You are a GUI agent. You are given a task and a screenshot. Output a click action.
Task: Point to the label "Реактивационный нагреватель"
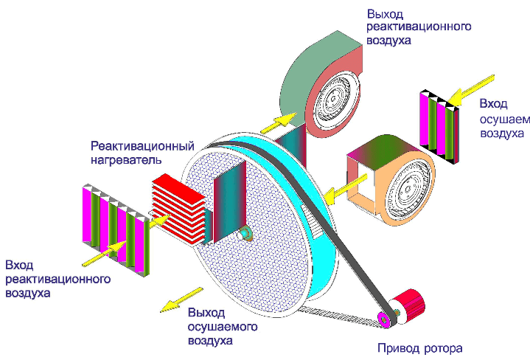[x=142, y=151]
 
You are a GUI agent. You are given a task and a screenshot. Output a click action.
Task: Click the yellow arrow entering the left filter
[x=102, y=254]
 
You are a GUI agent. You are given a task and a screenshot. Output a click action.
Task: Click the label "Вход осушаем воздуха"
[x=502, y=118]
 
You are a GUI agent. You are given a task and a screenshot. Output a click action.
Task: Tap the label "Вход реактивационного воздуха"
[x=57, y=279]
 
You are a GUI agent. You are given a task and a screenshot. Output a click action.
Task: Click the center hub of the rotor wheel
[x=246, y=235]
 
